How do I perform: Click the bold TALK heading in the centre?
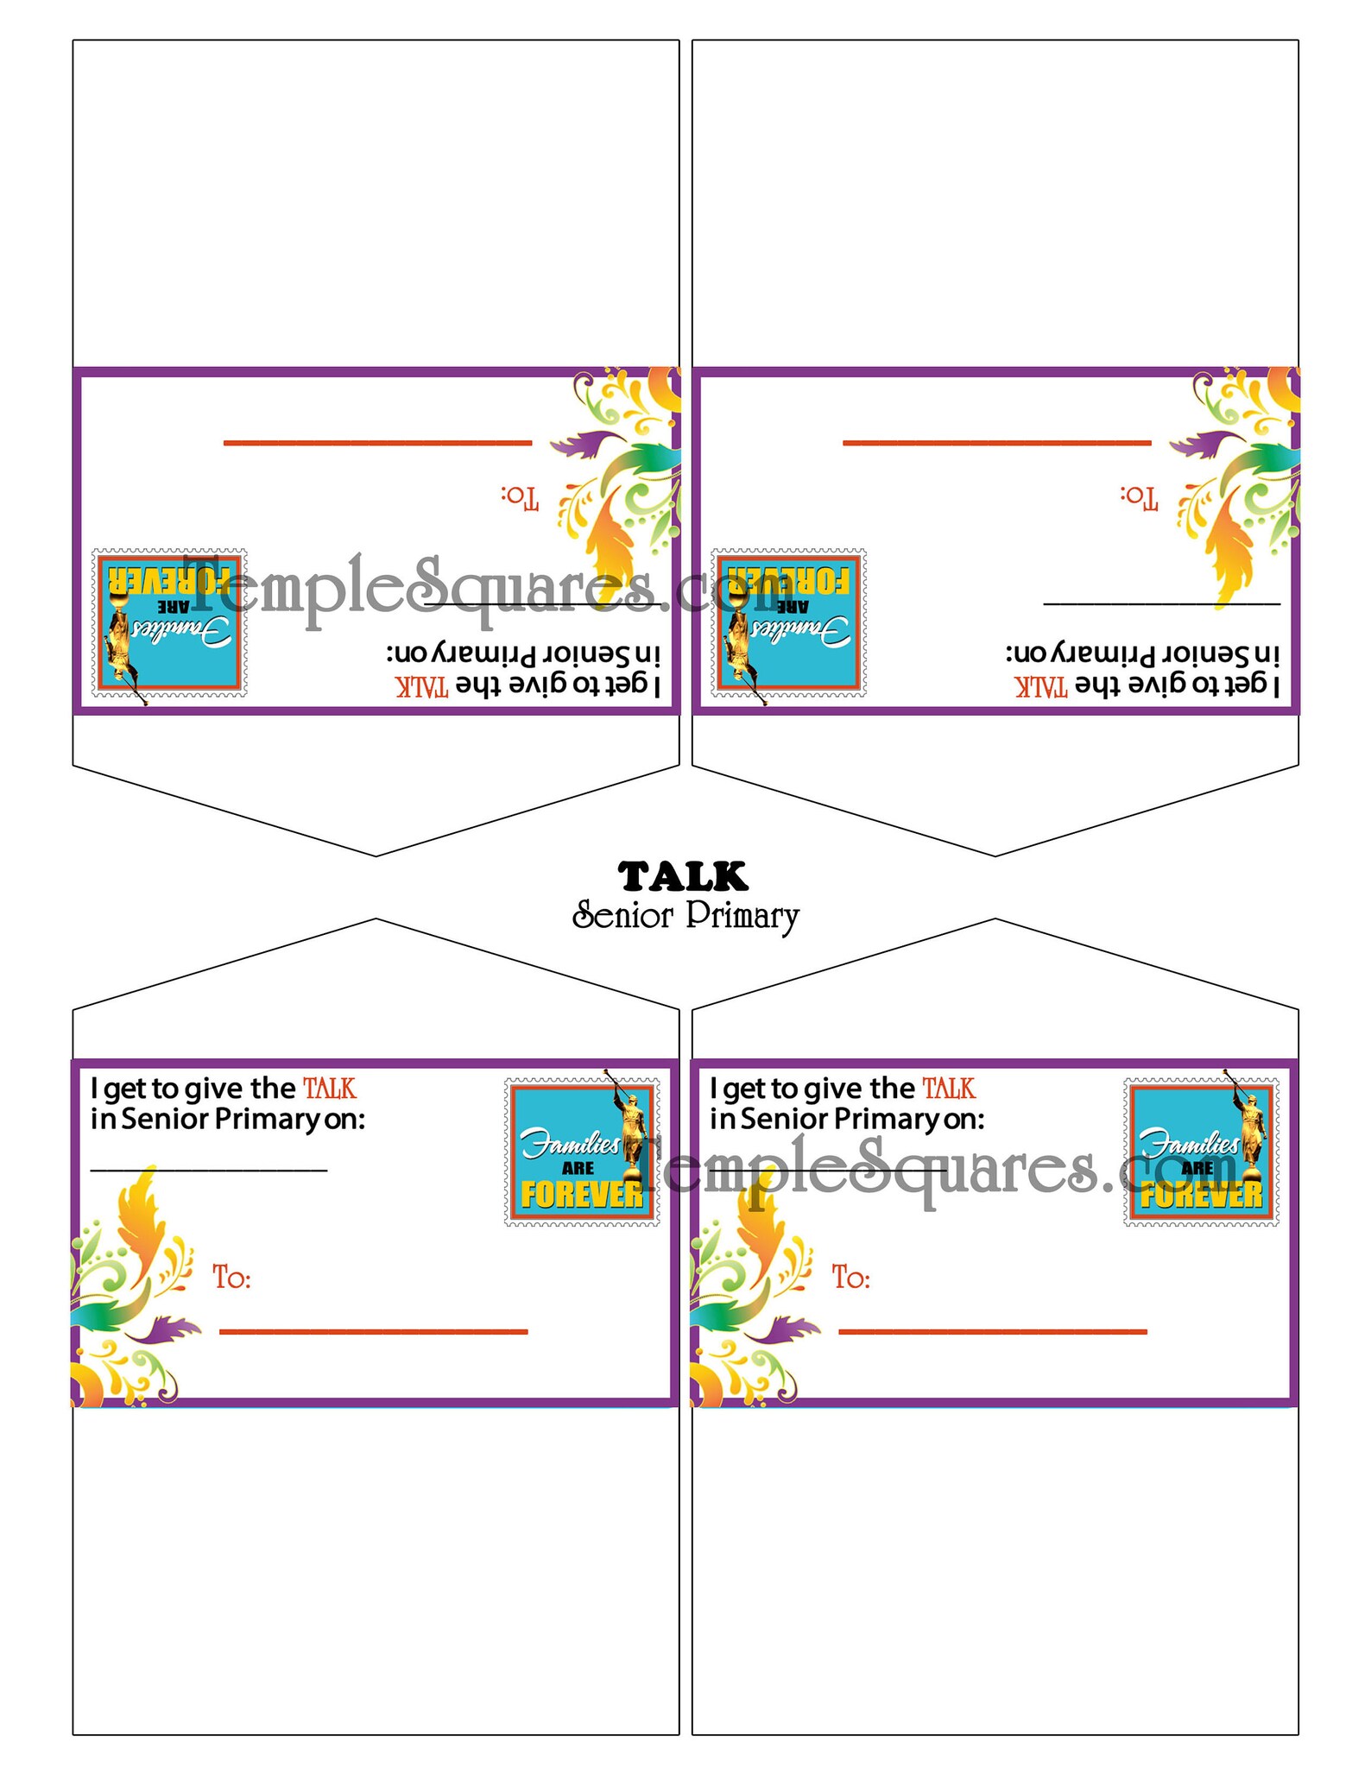tap(683, 876)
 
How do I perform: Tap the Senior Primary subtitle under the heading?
tap(685, 916)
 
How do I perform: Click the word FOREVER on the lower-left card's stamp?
tap(581, 1195)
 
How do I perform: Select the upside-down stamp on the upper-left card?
tap(169, 622)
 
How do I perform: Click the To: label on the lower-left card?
tap(231, 1277)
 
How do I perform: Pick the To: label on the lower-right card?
tap(850, 1277)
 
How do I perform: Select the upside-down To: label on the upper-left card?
tap(521, 496)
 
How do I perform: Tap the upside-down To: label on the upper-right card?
tap(1140, 496)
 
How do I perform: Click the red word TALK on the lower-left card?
tap(330, 1089)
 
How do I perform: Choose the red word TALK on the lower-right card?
tap(949, 1089)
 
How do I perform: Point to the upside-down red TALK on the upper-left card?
tap(422, 686)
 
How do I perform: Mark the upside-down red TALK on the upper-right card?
tap(1041, 686)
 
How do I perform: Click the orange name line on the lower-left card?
tap(373, 1332)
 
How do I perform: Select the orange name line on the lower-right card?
tap(992, 1332)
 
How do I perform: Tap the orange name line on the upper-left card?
tap(377, 443)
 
